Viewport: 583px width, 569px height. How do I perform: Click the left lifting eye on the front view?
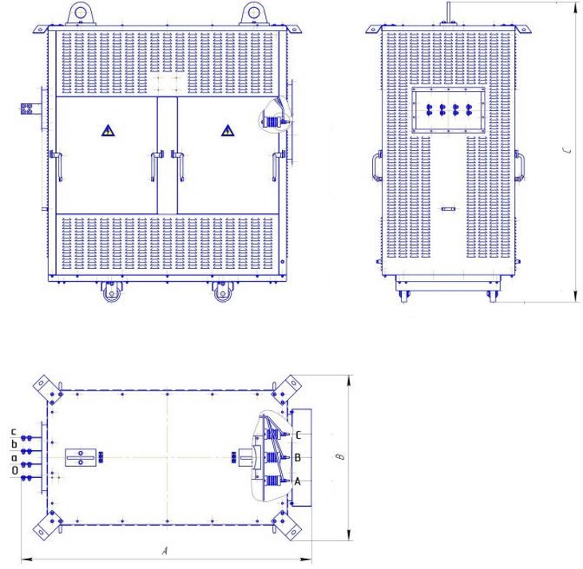tap(81, 14)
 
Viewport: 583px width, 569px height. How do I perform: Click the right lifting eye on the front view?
tap(254, 14)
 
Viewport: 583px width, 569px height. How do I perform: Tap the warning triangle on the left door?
tap(108, 131)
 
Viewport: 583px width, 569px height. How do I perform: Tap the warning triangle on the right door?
tap(228, 131)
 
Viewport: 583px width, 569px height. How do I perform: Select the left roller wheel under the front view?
tap(110, 292)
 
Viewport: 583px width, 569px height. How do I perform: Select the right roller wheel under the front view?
tap(222, 292)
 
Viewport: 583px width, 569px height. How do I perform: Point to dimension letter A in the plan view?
tap(165, 551)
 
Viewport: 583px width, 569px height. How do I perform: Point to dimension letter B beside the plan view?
tap(340, 456)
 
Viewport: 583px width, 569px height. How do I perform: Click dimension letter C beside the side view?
tap(569, 150)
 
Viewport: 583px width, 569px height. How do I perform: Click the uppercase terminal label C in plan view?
tap(298, 435)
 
